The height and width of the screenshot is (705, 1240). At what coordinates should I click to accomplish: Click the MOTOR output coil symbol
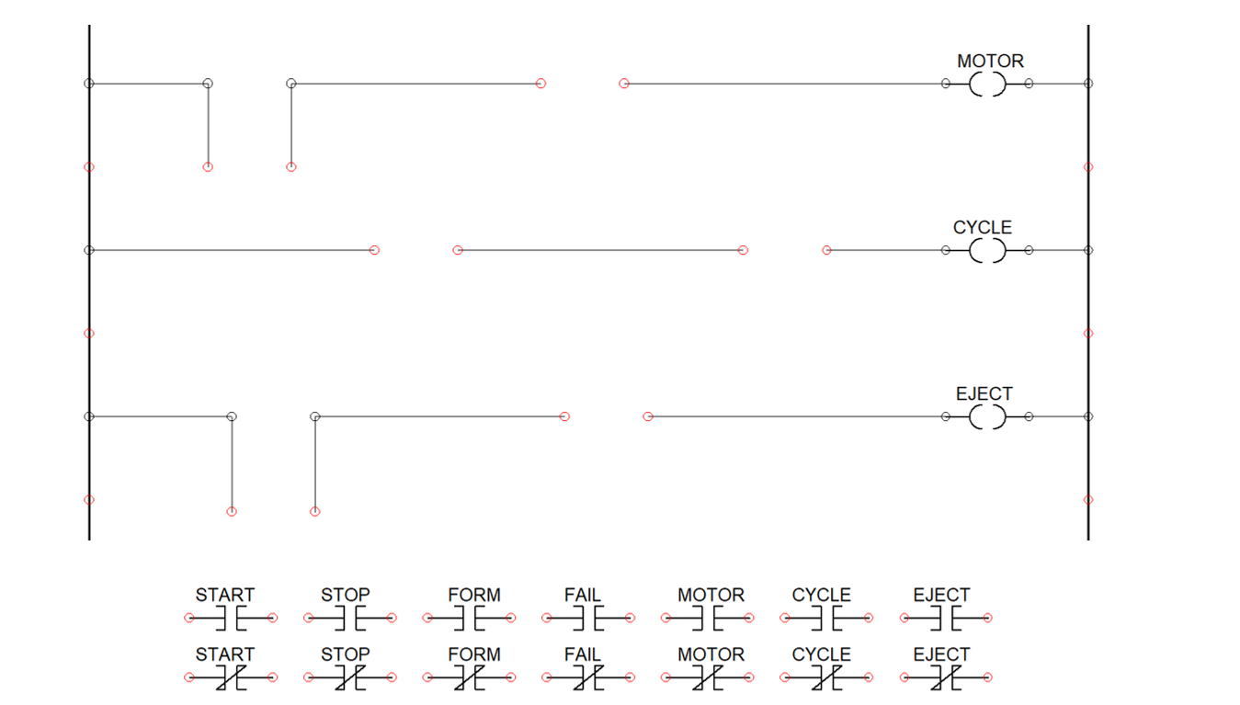point(987,85)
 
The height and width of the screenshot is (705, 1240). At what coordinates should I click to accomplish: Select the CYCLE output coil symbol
point(987,250)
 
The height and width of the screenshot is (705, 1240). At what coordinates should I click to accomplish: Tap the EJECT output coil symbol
point(987,417)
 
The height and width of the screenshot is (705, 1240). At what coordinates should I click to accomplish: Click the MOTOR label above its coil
point(990,62)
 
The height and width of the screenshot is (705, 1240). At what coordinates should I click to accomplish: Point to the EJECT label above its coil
point(984,394)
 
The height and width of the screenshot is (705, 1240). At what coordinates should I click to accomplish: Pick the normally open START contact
point(231,619)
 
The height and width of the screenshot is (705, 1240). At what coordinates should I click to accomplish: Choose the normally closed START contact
point(231,678)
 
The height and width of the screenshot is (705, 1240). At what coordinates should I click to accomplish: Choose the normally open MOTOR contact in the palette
point(707,619)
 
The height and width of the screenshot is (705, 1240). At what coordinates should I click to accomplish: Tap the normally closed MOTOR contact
point(707,678)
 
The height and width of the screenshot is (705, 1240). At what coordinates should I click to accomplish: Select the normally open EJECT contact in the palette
point(945,619)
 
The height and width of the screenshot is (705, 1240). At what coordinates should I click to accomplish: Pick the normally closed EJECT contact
point(945,678)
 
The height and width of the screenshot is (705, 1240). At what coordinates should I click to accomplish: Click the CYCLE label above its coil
point(983,228)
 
